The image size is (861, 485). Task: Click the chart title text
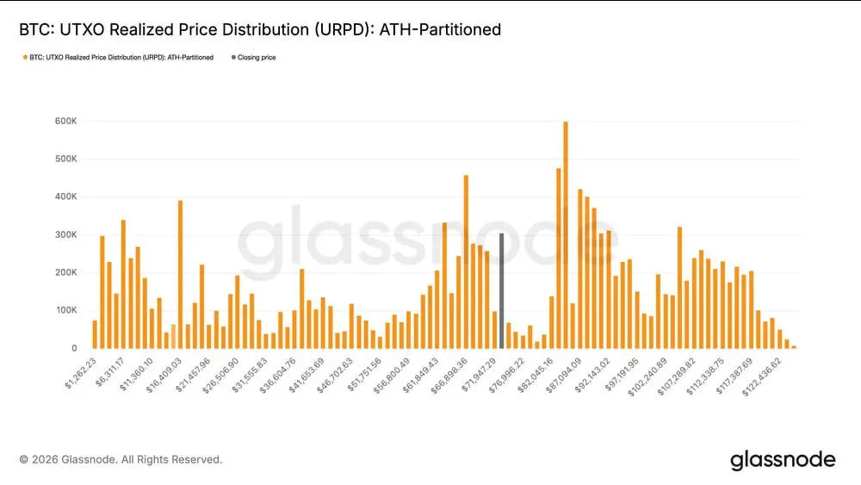pyautogui.click(x=259, y=30)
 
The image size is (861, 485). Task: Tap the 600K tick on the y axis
pyautogui.click(x=66, y=121)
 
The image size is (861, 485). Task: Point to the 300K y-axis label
pyautogui.click(x=66, y=235)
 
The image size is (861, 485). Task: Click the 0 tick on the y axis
pyautogui.click(x=74, y=348)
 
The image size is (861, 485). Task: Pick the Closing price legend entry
pyautogui.click(x=256, y=58)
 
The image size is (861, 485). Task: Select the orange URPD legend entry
pyautogui.click(x=121, y=58)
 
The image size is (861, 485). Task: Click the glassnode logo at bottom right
pyautogui.click(x=782, y=460)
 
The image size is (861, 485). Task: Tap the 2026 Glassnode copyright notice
pyautogui.click(x=121, y=460)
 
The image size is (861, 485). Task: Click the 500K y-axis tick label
pyautogui.click(x=66, y=159)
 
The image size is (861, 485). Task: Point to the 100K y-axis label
pyautogui.click(x=66, y=310)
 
